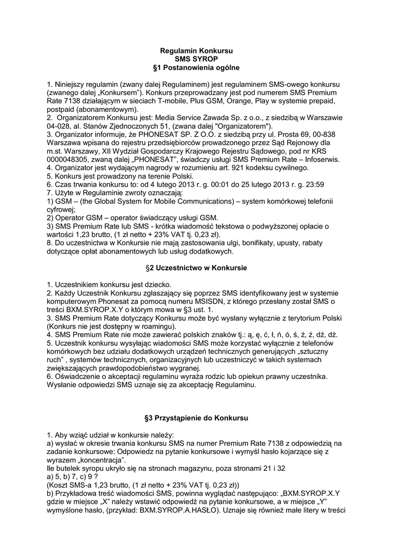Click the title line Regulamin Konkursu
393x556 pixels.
(x=196, y=50)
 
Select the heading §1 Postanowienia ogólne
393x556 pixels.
(x=196, y=67)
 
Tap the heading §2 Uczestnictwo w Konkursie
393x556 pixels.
(x=196, y=268)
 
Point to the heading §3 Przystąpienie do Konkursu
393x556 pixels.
(x=196, y=419)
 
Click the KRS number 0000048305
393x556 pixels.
(x=68, y=159)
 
